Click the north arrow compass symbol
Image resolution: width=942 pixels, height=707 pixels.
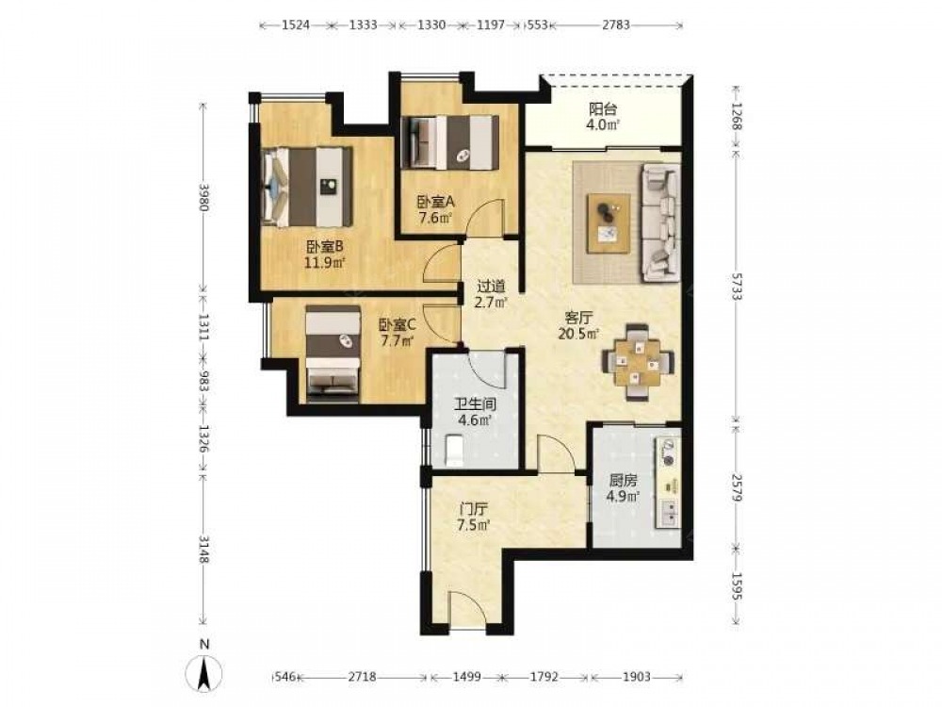pyautogui.click(x=204, y=672)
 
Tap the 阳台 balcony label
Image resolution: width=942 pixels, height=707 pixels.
pyautogui.click(x=603, y=108)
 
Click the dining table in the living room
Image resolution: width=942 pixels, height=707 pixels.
pyautogui.click(x=638, y=362)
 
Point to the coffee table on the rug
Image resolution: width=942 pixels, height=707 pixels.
pyautogui.click(x=609, y=223)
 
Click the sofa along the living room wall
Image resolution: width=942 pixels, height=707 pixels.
pyautogui.click(x=661, y=222)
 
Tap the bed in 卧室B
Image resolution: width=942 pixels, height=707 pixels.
pyautogui.click(x=306, y=186)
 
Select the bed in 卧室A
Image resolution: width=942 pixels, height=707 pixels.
pyautogui.click(x=450, y=142)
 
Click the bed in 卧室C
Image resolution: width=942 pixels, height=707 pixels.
pyautogui.click(x=333, y=353)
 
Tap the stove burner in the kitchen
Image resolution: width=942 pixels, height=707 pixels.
pyautogui.click(x=667, y=452)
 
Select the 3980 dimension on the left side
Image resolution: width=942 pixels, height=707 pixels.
pyautogui.click(x=204, y=197)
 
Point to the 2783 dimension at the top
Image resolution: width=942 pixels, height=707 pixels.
pyautogui.click(x=616, y=25)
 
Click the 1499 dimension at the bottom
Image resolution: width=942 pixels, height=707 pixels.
pyautogui.click(x=465, y=677)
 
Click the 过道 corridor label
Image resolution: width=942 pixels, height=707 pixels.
pyautogui.click(x=491, y=287)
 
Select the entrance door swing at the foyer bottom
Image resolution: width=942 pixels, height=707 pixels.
pyautogui.click(x=467, y=610)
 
